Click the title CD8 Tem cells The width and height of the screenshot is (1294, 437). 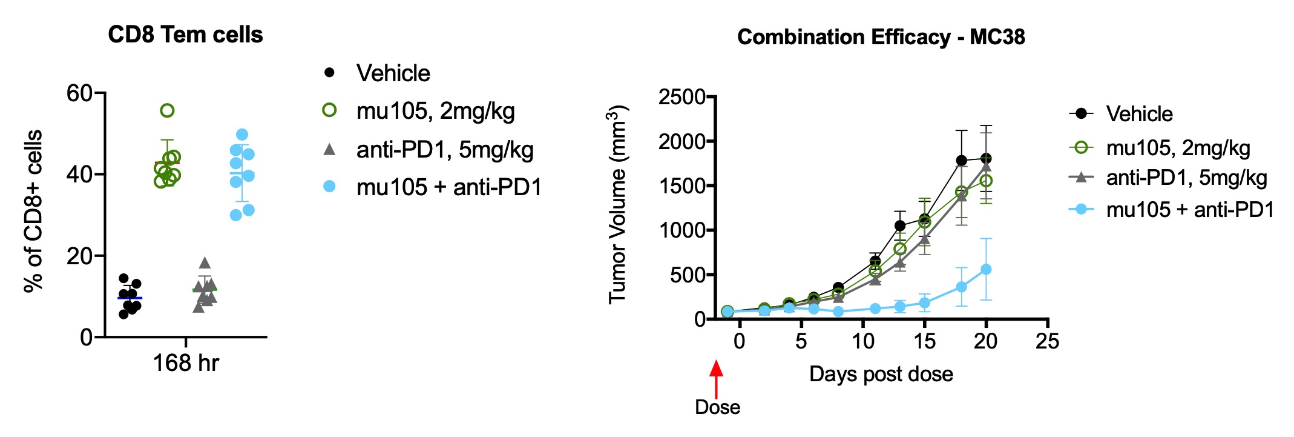coord(185,35)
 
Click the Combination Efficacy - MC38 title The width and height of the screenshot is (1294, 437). coord(881,38)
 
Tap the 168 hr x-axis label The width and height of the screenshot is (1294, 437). coord(186,363)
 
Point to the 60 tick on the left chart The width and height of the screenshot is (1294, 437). coord(79,93)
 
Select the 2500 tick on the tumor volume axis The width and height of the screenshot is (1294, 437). coord(682,97)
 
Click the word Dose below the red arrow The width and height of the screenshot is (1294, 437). coord(717,407)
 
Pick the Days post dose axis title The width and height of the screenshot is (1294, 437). coord(881,374)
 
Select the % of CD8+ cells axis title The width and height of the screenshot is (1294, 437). coord(34,211)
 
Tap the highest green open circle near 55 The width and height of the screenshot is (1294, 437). coord(167,110)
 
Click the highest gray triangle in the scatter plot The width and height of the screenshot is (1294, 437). coord(205,262)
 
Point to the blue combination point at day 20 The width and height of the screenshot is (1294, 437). coord(986,269)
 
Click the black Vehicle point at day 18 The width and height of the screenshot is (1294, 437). coord(961,161)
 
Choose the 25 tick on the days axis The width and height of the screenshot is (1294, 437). coord(1047,341)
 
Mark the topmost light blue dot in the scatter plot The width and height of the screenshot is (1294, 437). coord(242,134)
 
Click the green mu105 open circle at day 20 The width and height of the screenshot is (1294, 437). coord(986,181)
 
